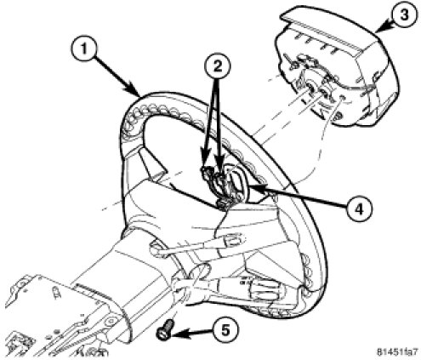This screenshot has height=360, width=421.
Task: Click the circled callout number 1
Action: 83,49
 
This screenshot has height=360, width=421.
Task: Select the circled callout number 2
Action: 218,66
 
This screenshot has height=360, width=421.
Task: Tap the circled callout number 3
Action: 404,14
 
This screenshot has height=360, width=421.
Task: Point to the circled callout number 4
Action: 359,210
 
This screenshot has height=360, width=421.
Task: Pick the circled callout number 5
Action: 225,330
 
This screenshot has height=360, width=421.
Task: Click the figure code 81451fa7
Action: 397,351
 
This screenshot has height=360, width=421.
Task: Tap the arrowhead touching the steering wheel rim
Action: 135,90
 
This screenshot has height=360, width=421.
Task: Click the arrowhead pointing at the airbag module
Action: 384,28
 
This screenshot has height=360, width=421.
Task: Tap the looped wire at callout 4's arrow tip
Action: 237,185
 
